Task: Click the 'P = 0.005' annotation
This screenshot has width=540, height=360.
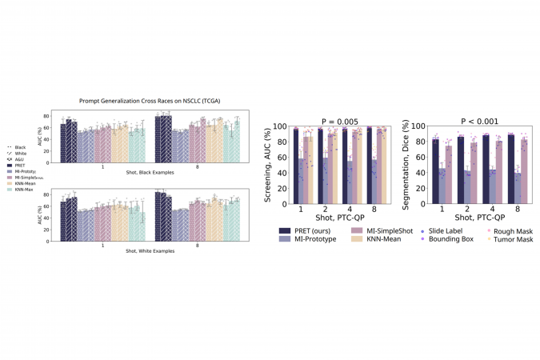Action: [335, 120]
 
